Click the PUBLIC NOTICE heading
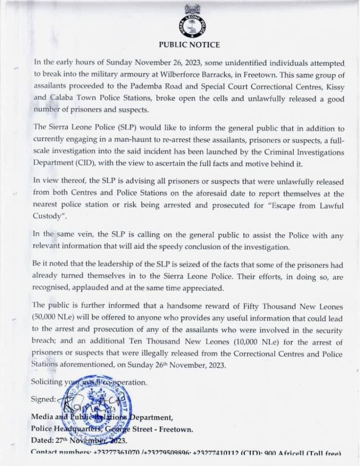[x=189, y=45]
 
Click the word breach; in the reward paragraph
[x=45, y=344]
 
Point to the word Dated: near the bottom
[x=42, y=440]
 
